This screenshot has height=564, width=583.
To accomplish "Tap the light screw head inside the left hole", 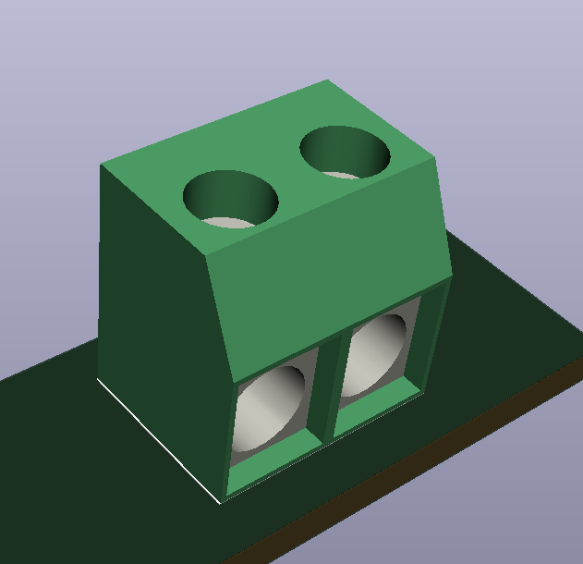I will [226, 222].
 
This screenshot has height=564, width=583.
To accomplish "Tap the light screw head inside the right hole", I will [342, 174].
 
